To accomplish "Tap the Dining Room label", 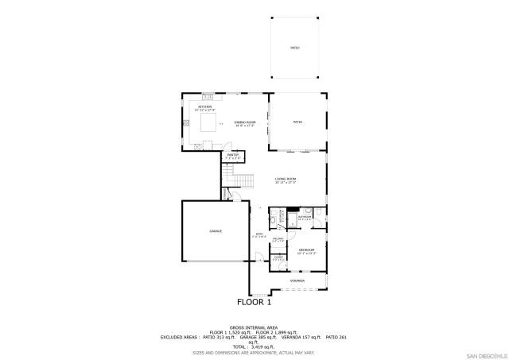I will coord(245,122).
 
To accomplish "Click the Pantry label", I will coord(233,156).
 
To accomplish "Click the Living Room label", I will coord(286,180).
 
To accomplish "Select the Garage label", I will coord(216,230).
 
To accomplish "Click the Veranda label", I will coord(297,280).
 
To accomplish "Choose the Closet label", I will coord(278,257).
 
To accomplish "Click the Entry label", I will coord(259,234).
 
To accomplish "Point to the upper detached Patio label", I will coord(294,48).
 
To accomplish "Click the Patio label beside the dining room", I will coord(298,122).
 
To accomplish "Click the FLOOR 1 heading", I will coord(254,302).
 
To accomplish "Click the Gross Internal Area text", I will coord(254,327).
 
